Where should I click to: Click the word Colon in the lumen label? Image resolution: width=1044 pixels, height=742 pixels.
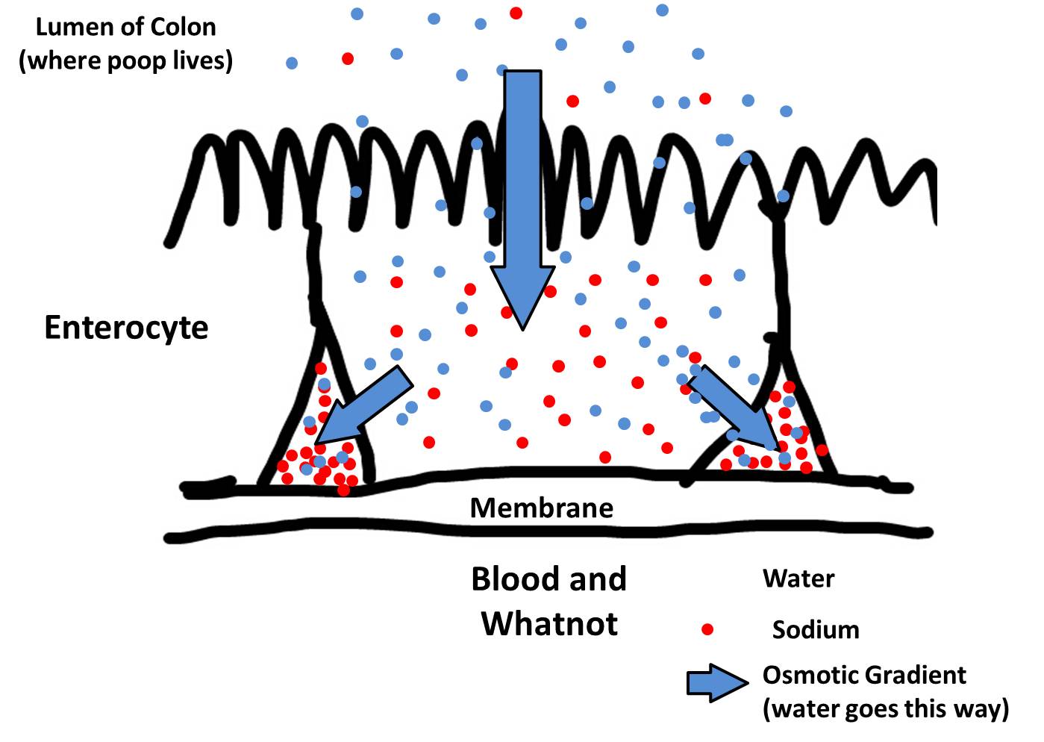[x=182, y=28]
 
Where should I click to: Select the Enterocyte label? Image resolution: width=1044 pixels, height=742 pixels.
[x=126, y=328]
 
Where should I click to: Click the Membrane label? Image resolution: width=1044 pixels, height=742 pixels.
[x=541, y=508]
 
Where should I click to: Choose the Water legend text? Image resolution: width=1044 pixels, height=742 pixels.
[x=798, y=579]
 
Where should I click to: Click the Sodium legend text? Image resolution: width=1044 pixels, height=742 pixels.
[x=815, y=630]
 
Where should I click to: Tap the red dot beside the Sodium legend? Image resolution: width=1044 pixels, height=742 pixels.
[x=707, y=629]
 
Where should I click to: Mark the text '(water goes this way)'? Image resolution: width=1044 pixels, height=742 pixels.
[x=885, y=708]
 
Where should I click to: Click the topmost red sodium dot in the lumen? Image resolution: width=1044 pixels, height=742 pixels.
[x=516, y=13]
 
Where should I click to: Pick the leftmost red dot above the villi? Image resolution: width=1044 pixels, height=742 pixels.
[x=348, y=58]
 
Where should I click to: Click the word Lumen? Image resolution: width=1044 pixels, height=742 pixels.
[x=72, y=28]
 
